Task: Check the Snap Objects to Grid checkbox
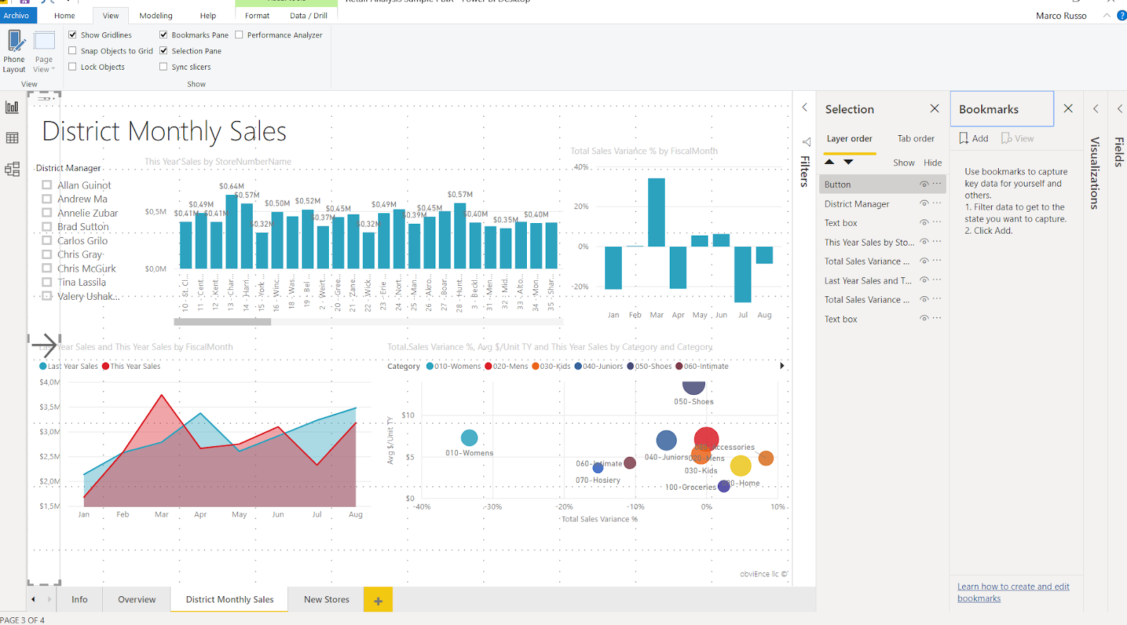(73, 51)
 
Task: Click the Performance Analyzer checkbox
(239, 34)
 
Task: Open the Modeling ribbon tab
(156, 15)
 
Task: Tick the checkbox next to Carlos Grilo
(47, 241)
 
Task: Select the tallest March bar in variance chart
(656, 212)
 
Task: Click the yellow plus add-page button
(378, 600)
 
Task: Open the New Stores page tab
(326, 600)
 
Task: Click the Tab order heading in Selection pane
(916, 139)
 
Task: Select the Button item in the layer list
(838, 184)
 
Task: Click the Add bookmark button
(973, 139)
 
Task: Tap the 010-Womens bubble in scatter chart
(469, 438)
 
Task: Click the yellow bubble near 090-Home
(740, 465)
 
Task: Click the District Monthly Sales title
(164, 132)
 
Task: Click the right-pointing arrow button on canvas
(44, 345)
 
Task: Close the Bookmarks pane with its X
(1068, 108)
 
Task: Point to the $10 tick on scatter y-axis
(408, 415)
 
